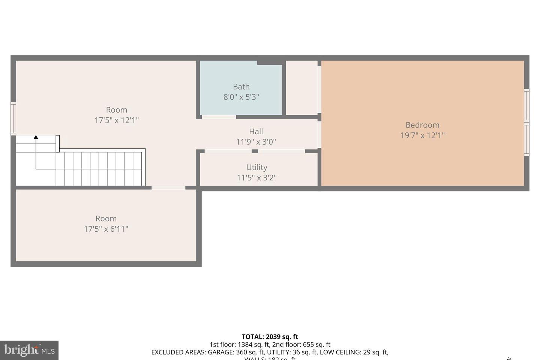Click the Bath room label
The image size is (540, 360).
click(x=241, y=87)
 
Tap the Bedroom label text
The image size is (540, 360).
click(x=422, y=125)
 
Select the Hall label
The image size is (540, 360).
click(x=256, y=132)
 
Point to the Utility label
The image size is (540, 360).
click(x=256, y=167)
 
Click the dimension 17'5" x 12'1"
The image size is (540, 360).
click(x=117, y=120)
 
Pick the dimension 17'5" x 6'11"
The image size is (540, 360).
click(x=106, y=229)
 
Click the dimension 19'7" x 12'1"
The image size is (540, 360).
click(x=422, y=135)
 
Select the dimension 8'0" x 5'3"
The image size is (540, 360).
click(x=241, y=97)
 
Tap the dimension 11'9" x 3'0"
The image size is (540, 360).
click(x=256, y=142)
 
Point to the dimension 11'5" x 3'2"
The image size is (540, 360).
click(x=256, y=178)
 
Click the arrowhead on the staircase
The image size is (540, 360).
click(x=36, y=137)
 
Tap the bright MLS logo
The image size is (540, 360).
click(x=29, y=350)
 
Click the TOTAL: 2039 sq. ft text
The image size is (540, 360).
click(x=270, y=337)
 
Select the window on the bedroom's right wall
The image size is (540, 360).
click(x=526, y=123)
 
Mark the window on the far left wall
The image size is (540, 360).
click(x=13, y=118)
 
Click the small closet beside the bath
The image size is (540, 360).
click(x=301, y=88)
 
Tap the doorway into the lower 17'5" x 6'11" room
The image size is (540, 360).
click(x=168, y=187)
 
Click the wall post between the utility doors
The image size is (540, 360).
click(x=255, y=151)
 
